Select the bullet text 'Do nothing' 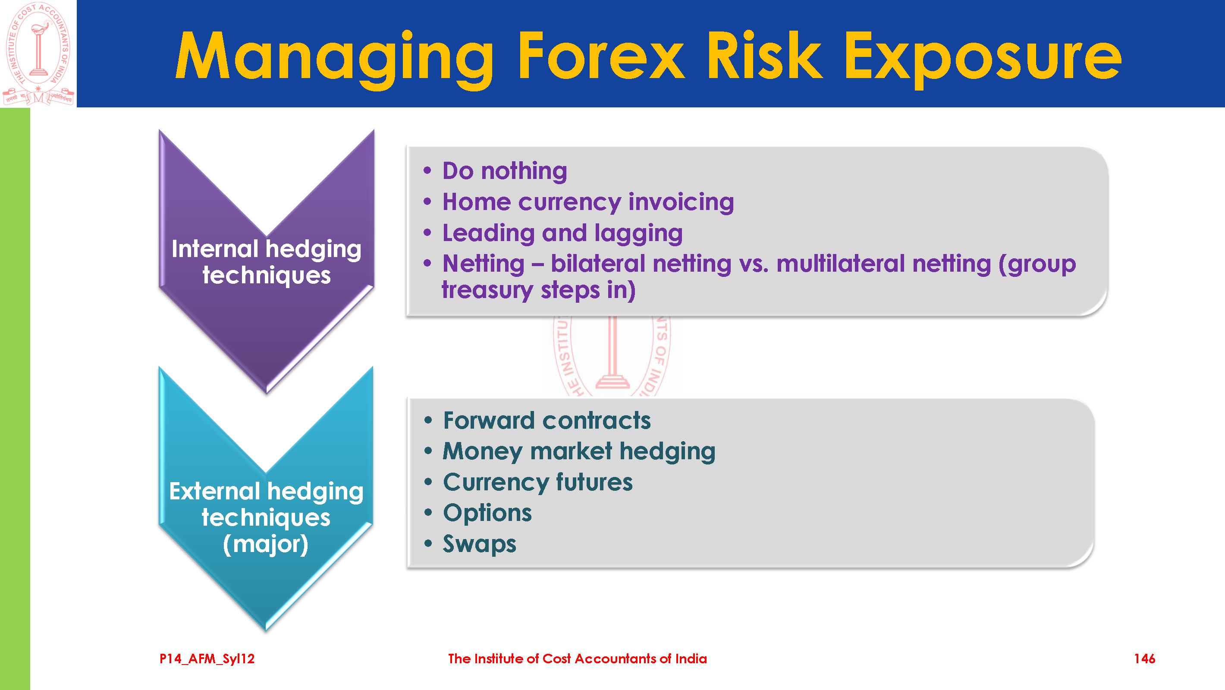point(505,171)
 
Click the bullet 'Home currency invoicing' point(588,202)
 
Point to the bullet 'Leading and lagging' point(562,233)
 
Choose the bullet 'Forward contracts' point(547,420)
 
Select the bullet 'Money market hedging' point(579,452)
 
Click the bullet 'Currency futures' point(538,482)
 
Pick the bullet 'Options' point(487,514)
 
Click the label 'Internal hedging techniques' point(266,263)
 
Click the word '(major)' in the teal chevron point(266,545)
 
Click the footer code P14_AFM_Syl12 point(207,659)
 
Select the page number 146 point(1145,659)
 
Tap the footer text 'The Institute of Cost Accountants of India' point(577,659)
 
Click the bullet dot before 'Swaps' point(428,543)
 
